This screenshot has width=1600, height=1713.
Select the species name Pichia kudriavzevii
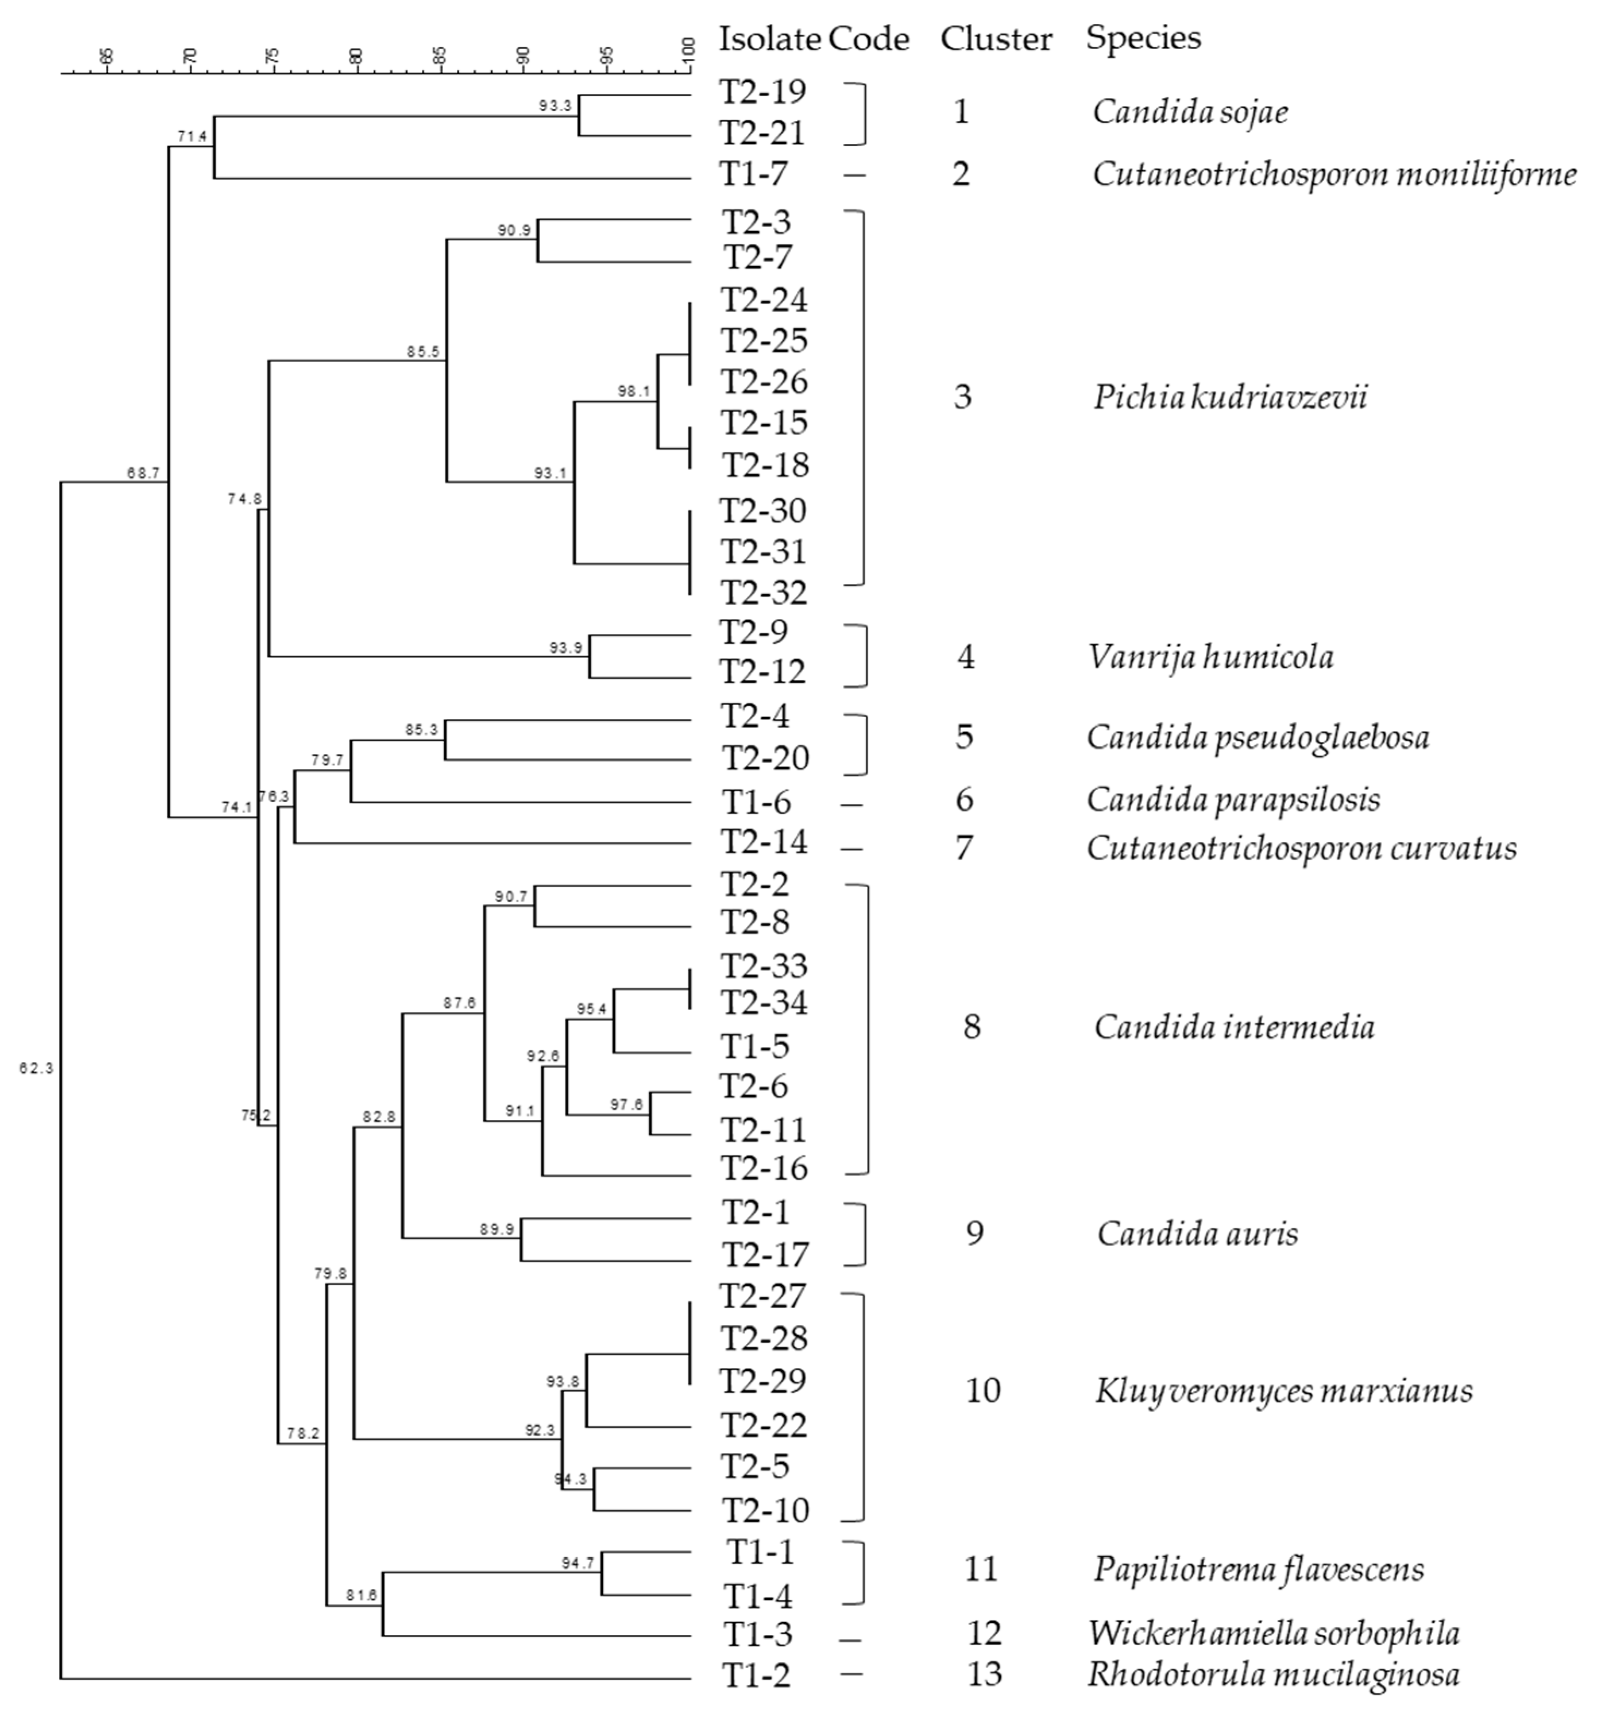point(1229,397)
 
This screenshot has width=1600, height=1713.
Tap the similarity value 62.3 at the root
point(36,1069)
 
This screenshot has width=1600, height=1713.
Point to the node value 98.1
point(634,391)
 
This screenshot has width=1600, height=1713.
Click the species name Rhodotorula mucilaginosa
point(1272,1674)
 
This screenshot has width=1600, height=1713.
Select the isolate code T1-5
point(755,1046)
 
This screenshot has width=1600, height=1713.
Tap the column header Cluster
point(996,39)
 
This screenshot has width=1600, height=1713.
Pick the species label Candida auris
point(1197,1234)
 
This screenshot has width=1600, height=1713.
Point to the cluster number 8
point(971,1027)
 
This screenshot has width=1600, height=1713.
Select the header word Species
point(1143,38)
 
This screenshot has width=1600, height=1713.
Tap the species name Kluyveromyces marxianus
point(1283,1391)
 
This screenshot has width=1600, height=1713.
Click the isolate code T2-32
point(763,593)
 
